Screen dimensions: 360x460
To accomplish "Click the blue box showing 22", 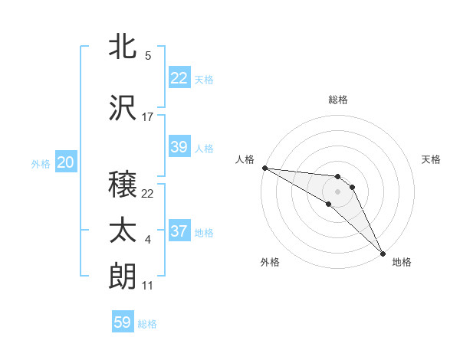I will click(x=179, y=78).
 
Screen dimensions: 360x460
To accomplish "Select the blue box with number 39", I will click(x=179, y=147).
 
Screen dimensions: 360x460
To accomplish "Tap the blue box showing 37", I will click(x=179, y=231).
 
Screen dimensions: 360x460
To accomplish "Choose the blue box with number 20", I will click(x=65, y=162).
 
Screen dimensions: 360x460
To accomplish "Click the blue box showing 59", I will click(x=123, y=322).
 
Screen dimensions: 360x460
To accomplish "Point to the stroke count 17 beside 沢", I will click(x=148, y=117).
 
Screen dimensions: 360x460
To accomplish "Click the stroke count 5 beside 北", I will click(x=148, y=56).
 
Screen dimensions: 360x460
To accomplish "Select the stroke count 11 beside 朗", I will click(x=148, y=286).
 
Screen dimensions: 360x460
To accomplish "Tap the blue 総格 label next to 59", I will click(x=147, y=324).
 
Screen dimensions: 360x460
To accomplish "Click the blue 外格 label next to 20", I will click(x=41, y=163).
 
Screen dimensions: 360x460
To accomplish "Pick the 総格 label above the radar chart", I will click(x=338, y=100).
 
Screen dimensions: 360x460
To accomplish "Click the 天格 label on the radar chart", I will click(x=431, y=159).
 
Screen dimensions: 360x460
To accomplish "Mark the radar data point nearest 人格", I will click(x=264, y=168).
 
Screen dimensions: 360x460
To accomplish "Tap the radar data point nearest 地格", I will click(x=382, y=253).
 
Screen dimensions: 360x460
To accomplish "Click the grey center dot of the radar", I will click(x=338, y=191).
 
